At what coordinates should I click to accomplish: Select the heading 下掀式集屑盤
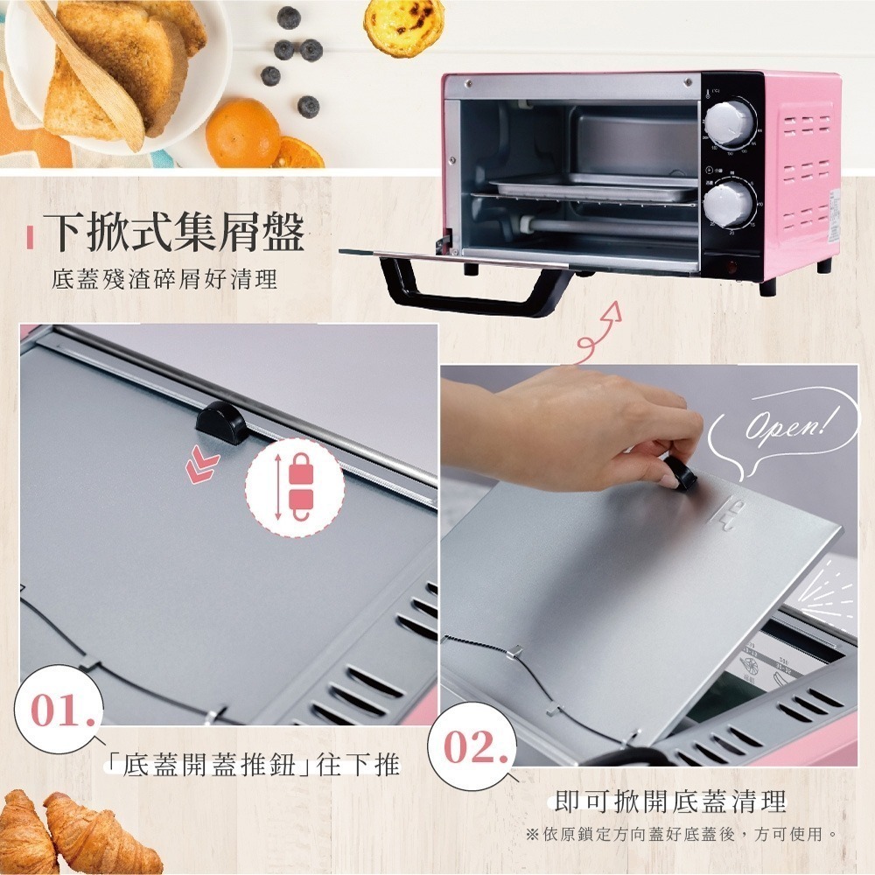[x=175, y=233]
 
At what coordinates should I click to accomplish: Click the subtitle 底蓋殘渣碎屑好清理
[x=164, y=280]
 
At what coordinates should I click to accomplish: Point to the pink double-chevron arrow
[x=203, y=467]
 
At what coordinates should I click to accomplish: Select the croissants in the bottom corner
[x=79, y=831]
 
